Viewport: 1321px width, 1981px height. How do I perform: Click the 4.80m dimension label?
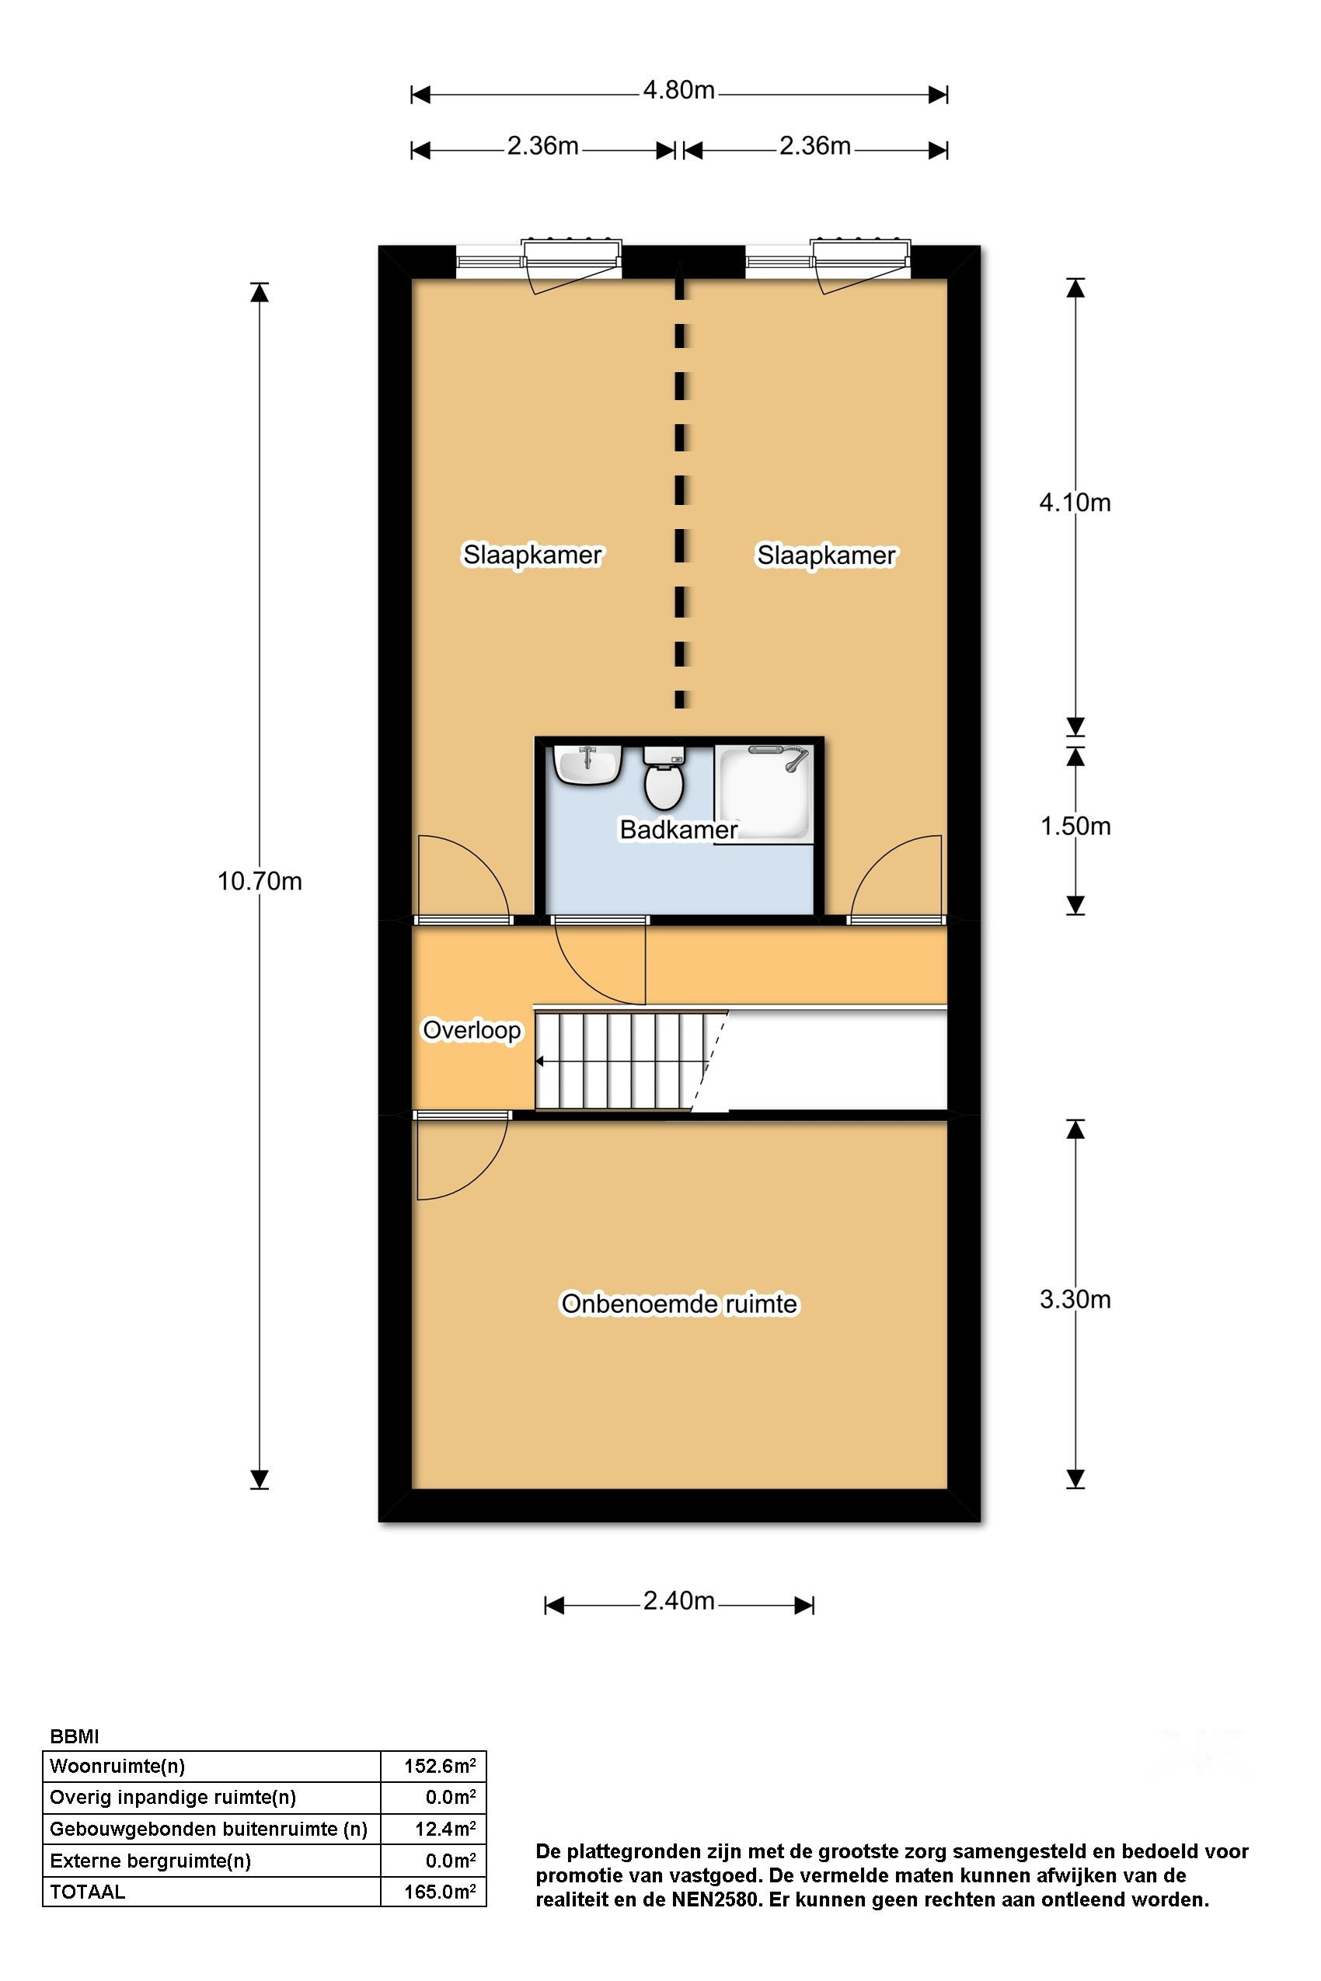pyautogui.click(x=679, y=90)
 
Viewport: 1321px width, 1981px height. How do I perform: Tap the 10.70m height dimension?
pyautogui.click(x=260, y=882)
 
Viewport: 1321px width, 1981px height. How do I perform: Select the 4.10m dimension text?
pyautogui.click(x=1075, y=503)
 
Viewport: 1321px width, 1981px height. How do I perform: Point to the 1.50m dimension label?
pyautogui.click(x=1075, y=827)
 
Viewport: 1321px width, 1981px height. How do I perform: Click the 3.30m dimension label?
pyautogui.click(x=1075, y=1300)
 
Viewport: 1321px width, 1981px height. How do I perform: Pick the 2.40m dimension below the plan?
pyautogui.click(x=679, y=1600)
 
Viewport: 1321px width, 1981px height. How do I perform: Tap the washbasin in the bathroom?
pyautogui.click(x=588, y=764)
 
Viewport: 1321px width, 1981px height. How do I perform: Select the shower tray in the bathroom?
pyautogui.click(x=764, y=792)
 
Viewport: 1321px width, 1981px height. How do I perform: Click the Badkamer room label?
pyautogui.click(x=679, y=830)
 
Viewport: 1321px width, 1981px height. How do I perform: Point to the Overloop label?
pyautogui.click(x=472, y=1030)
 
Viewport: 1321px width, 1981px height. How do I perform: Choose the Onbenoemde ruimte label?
pyautogui.click(x=679, y=1304)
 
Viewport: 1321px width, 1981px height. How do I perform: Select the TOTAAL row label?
pyautogui.click(x=88, y=1892)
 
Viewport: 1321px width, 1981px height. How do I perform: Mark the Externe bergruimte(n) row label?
pyautogui.click(x=151, y=1861)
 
